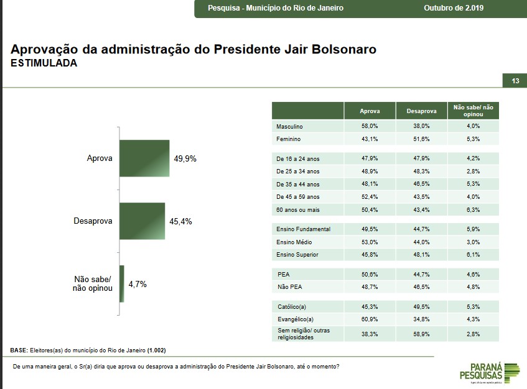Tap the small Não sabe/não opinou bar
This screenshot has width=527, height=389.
122,283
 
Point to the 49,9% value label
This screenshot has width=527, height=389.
185,158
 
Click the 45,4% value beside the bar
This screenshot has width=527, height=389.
180,221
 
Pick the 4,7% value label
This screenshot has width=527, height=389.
138,284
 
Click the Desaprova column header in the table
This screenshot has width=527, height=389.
421,111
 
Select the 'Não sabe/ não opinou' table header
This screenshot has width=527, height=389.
473,111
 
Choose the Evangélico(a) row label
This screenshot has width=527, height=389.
294,319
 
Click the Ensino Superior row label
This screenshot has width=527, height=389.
297,255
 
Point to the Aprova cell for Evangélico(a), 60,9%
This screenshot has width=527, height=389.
370,319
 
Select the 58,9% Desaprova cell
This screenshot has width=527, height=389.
421,334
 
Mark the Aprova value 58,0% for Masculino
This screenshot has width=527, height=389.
370,127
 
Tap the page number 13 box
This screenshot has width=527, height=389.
515,81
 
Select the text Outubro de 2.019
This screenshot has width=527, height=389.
454,8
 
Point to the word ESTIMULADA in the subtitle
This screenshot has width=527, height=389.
44,63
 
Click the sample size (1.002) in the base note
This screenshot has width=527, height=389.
156,350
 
